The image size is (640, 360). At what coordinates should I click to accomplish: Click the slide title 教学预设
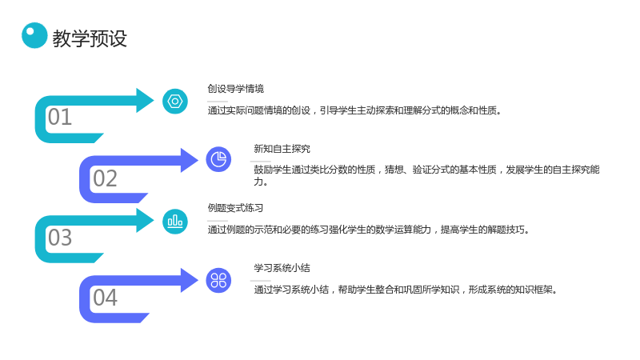pos(90,38)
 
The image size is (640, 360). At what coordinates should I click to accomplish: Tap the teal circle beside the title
pos(34,35)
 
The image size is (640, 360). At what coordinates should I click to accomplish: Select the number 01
pos(60,117)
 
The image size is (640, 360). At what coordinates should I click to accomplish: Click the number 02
pos(105,178)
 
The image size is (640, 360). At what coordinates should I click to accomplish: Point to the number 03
pos(60,237)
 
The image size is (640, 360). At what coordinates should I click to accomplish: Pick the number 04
pos(105,297)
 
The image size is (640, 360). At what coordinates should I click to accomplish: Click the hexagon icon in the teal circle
pos(175,102)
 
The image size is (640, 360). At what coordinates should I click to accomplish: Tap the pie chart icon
pos(218,159)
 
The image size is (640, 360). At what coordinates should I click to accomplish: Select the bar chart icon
pos(175,222)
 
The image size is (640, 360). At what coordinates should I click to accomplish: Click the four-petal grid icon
pos(218,281)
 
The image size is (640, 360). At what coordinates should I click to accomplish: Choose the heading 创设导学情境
pos(235,89)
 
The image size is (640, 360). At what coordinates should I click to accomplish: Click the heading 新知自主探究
pos(282,149)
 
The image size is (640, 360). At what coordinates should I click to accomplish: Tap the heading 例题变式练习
pos(235,208)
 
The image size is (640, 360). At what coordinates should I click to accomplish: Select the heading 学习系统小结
pos(282,268)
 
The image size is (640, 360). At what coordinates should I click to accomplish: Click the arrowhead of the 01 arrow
pos(145,101)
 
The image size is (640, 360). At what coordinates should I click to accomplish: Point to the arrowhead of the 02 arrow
pos(190,160)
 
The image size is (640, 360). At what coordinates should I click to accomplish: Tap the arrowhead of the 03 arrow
pos(145,221)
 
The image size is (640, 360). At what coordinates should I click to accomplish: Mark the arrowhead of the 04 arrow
pos(190,281)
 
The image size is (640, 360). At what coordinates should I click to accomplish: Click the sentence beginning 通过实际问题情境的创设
pos(354,110)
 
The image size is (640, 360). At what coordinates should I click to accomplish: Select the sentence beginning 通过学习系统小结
pos(406,290)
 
